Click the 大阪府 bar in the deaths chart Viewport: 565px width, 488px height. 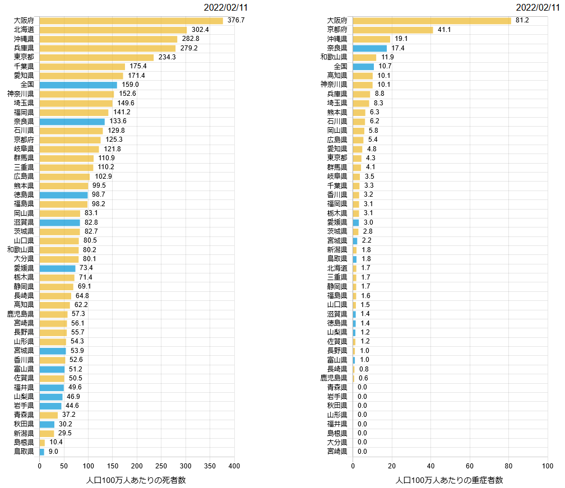(x=131, y=21)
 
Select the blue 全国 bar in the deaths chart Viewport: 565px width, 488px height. (x=78, y=85)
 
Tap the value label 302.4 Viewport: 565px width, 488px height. (x=200, y=30)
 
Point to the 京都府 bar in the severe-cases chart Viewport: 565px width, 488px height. (x=393, y=30)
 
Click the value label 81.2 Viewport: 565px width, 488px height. (x=522, y=21)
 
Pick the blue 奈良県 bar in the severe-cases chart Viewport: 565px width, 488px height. (x=370, y=48)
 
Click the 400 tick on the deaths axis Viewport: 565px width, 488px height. (x=234, y=466)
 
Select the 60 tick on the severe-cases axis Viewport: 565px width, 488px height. (x=470, y=466)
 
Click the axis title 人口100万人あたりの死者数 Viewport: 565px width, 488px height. (x=136, y=480)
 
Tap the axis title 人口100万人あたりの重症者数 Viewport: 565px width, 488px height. (x=450, y=480)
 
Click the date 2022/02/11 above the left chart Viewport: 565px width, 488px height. (x=226, y=7)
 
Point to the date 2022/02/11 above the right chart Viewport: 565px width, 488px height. (x=539, y=7)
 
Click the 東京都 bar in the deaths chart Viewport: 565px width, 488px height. (x=96, y=57)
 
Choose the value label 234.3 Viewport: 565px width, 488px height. (x=167, y=57)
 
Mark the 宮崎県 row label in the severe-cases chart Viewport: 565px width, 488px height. (x=337, y=452)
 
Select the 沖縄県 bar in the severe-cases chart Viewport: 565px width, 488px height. (x=372, y=39)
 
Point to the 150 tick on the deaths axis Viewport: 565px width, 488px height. (x=113, y=466)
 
